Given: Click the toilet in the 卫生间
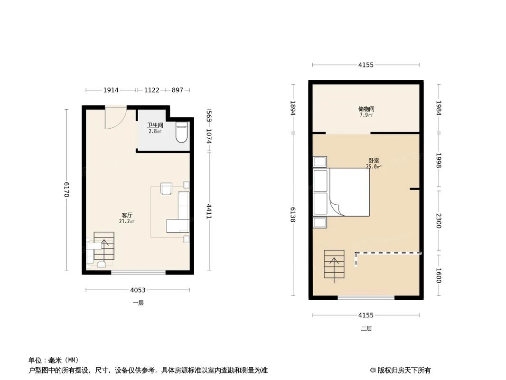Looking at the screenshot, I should point(182,133).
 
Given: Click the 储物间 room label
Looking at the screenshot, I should point(366,109).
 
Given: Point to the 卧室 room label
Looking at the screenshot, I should point(373,161).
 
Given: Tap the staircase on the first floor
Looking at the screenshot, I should point(104,246).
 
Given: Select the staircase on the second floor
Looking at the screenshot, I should point(334,264).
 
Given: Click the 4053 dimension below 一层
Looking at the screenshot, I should point(138,290).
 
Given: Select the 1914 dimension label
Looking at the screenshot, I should point(111,90).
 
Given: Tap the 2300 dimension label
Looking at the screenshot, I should point(438,220).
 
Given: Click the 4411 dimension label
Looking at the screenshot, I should point(209,211).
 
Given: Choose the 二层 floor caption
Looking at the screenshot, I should point(366,328).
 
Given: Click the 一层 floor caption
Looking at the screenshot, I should point(138,303).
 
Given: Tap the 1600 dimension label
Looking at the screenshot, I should point(438,276).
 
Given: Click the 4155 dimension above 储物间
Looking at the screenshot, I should point(366,65).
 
